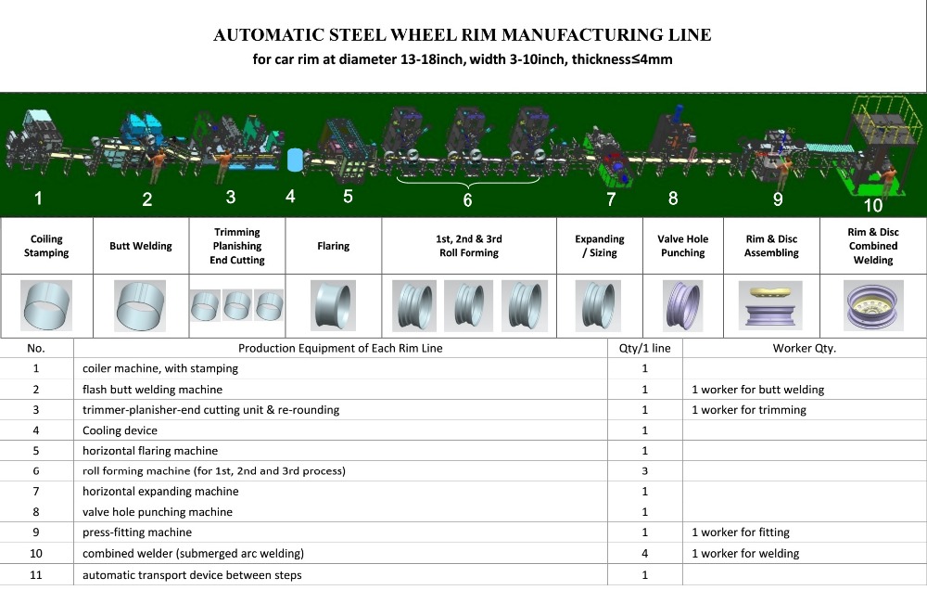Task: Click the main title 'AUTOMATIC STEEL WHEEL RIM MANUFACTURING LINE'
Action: click(462, 35)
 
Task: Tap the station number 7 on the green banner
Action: click(611, 199)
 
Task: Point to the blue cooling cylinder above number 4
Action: click(295, 160)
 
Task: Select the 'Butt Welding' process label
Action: click(141, 246)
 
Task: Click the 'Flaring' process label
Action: click(334, 246)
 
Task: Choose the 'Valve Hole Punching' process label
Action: click(683, 246)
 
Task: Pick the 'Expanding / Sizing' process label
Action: click(600, 246)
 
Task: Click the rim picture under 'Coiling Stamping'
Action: click(46, 305)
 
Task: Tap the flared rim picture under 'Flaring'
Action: click(334, 305)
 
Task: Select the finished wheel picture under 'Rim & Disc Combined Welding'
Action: click(873, 305)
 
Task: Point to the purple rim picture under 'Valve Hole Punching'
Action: click(683, 305)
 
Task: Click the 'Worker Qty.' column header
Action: click(804, 348)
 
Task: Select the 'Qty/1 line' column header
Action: click(644, 348)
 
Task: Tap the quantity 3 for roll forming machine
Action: click(644, 471)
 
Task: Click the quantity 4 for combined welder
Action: click(644, 553)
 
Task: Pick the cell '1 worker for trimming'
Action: click(748, 409)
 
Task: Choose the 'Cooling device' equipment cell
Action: click(120, 430)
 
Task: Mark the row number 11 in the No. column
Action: click(36, 574)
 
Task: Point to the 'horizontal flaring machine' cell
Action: click(150, 450)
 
